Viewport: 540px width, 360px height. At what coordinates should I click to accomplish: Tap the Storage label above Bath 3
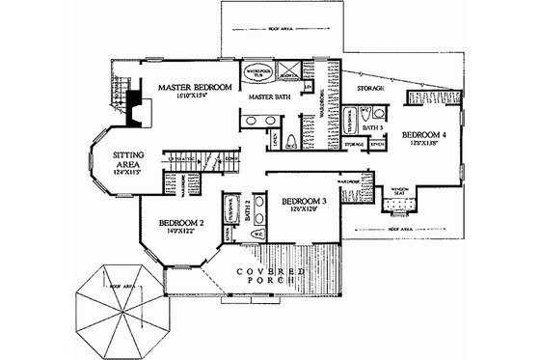(x=371, y=89)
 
